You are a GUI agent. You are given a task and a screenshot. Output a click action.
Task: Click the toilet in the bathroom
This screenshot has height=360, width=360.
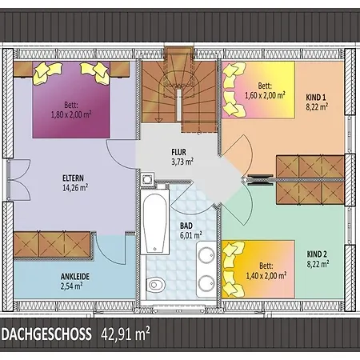pyautogui.click(x=154, y=284)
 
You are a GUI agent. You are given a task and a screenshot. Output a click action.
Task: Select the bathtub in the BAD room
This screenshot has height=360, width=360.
pyautogui.click(x=155, y=222)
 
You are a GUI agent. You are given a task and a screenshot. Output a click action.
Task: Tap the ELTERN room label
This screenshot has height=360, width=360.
pyautogui.click(x=73, y=178)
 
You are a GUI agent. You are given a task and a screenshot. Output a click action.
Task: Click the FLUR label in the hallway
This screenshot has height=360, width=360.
pyautogui.click(x=178, y=152)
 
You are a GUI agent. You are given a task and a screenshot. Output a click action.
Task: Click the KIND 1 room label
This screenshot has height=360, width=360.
pyautogui.click(x=316, y=98)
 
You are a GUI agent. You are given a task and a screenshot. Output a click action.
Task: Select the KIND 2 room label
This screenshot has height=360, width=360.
pyautogui.click(x=317, y=254)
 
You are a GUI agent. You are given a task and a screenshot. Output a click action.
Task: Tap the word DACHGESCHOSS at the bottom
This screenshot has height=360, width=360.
pyautogui.click(x=46, y=334)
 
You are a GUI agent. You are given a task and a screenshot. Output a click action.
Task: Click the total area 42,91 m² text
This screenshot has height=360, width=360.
pyautogui.click(x=126, y=334)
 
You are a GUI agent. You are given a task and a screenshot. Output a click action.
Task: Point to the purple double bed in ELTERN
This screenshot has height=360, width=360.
pyautogui.click(x=71, y=100)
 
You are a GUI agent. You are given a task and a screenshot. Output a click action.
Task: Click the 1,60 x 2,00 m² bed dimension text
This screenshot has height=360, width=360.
pyautogui.click(x=266, y=95)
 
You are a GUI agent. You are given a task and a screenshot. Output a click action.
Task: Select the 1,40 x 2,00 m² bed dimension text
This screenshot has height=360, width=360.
pyautogui.click(x=266, y=275)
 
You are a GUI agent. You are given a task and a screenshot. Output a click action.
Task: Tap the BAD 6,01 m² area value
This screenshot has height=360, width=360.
pyautogui.click(x=190, y=235)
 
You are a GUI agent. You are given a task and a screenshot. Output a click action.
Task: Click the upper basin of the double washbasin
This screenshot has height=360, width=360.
pyautogui.click(x=206, y=254)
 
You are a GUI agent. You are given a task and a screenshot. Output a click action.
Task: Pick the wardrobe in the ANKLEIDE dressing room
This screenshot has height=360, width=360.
pyautogui.click(x=52, y=245)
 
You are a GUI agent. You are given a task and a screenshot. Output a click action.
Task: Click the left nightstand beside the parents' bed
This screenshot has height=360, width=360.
pyautogui.click(x=23, y=70)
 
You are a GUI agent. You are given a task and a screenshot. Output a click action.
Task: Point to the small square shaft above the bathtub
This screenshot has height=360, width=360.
pyautogui.click(x=147, y=180)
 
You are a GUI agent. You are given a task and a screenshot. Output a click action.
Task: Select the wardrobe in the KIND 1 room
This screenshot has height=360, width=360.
pyautogui.click(x=310, y=167)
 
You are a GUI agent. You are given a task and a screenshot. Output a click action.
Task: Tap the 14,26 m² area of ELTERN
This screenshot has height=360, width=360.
pyautogui.click(x=75, y=188)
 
